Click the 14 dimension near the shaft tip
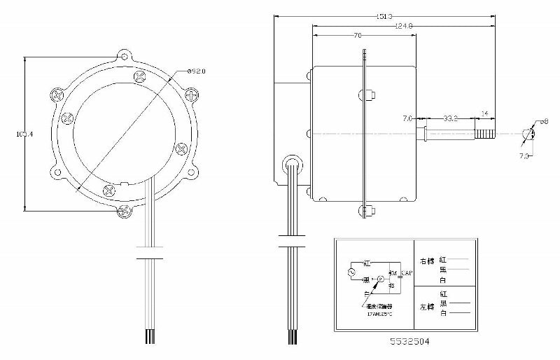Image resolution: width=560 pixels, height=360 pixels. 485,113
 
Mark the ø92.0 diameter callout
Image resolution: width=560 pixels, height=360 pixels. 197,71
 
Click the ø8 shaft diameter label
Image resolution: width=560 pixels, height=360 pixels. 540,123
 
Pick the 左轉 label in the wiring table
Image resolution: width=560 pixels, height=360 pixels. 426,307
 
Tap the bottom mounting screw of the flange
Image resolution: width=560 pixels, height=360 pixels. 125,211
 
